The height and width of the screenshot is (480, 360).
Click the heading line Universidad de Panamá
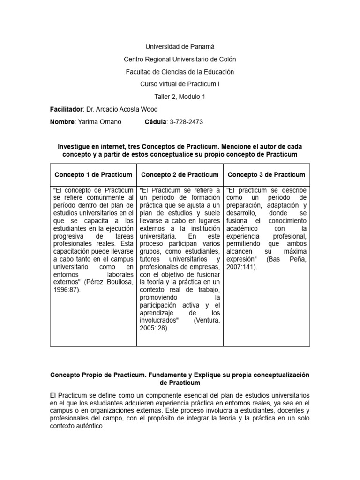180,47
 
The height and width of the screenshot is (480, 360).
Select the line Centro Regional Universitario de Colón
180,60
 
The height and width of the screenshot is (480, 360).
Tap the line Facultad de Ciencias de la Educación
180,72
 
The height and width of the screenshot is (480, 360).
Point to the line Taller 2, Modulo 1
180,97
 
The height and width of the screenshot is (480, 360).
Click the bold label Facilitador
66,109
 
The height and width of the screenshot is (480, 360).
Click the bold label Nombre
62,122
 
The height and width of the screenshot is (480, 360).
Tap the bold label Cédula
154,122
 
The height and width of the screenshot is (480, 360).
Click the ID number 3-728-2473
186,122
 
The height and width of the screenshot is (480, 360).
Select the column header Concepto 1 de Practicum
93,175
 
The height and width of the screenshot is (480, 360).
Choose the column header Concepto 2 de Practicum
180,175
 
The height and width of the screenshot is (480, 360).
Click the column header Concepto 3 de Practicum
266,175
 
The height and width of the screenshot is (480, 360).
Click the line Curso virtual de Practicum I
180,84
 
